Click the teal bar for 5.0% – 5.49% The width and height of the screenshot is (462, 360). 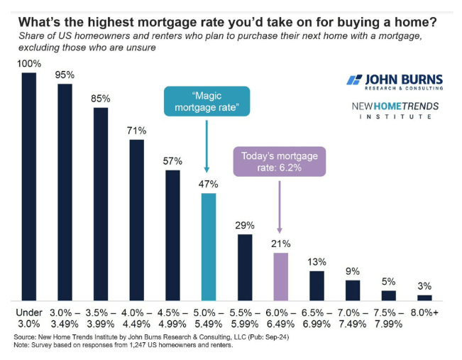pos(208,246)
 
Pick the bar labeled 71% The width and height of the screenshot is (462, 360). pos(136,219)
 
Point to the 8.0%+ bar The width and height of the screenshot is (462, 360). pos(424,298)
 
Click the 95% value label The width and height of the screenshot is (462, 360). pos(65,74)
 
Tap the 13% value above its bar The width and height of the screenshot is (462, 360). pos(317,261)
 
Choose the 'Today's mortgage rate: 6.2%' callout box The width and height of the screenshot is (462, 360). pos(279,161)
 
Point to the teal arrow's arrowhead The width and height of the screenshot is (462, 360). pos(207,169)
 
